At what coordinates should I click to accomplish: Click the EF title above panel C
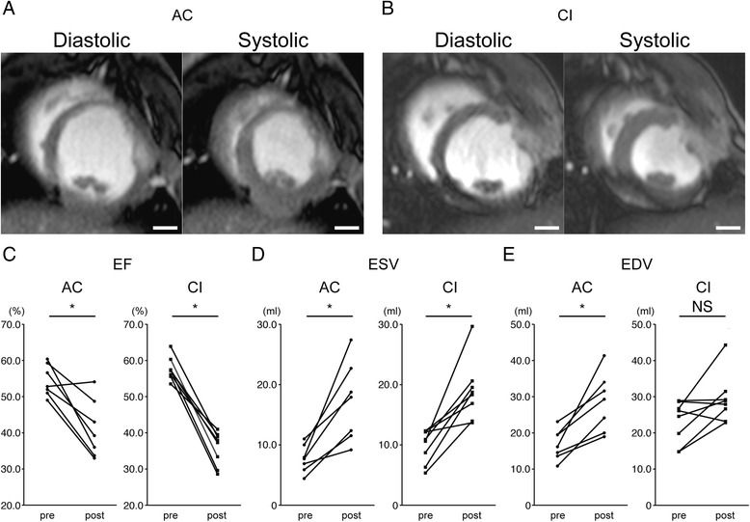tap(127, 261)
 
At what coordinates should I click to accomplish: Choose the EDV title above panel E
tap(628, 261)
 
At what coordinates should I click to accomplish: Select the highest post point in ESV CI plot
tap(472, 326)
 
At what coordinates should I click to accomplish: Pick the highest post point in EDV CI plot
tap(724, 345)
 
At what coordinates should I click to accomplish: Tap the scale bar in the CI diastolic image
tap(547, 228)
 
